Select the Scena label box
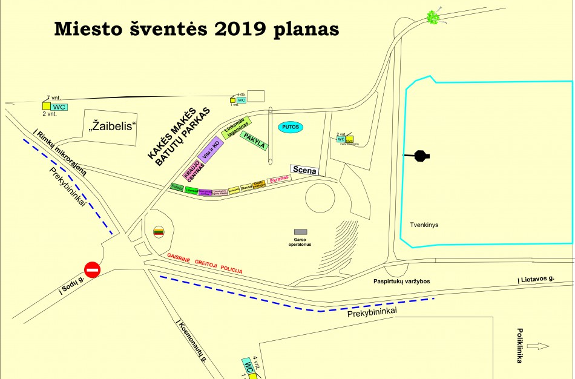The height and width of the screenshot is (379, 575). pos(304,170)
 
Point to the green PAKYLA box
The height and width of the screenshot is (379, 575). pos(254,142)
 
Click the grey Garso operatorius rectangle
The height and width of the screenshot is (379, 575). pos(300,232)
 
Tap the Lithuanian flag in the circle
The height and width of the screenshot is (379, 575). pos(159,232)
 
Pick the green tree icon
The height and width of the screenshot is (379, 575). pos(433,17)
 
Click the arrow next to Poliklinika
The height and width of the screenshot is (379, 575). pos(538,346)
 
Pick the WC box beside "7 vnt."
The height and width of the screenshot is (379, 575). pos(59,107)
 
